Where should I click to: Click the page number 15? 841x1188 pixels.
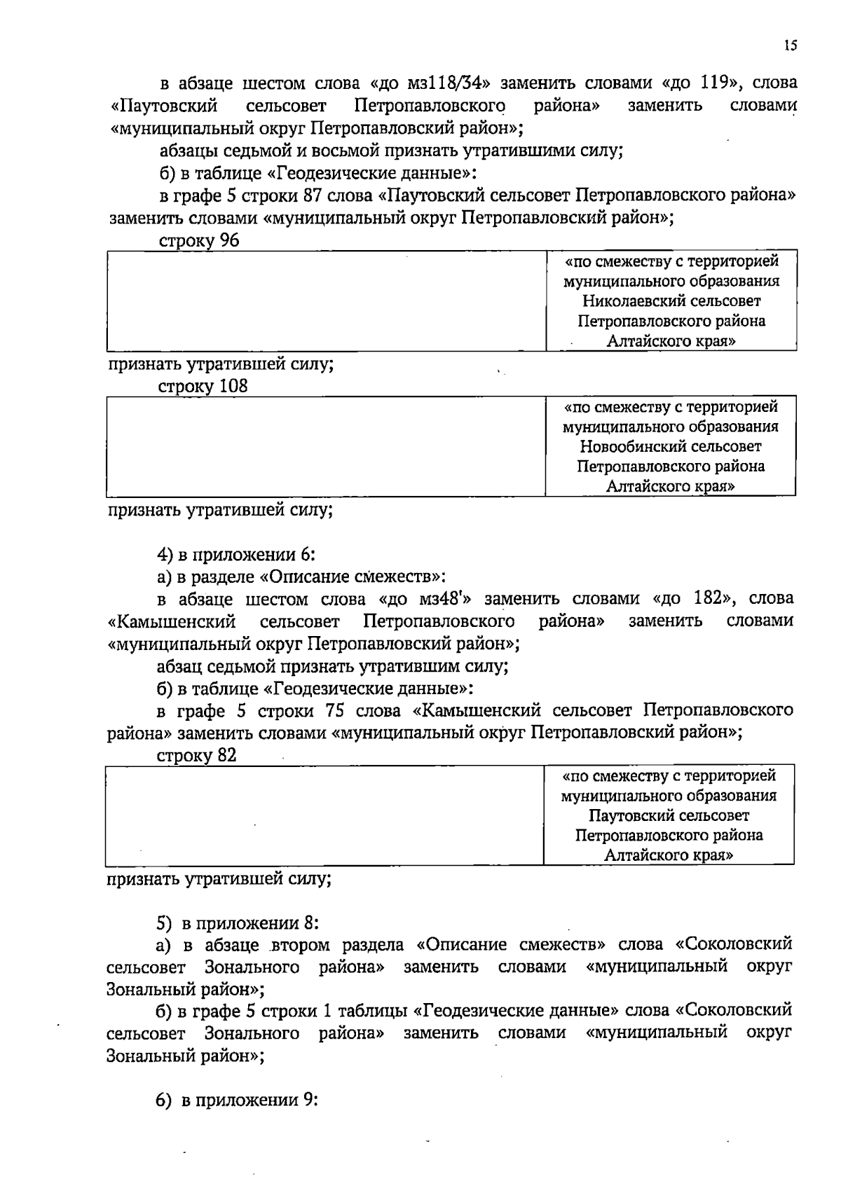[x=790, y=46]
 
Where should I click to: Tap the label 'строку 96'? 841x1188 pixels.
[x=199, y=241]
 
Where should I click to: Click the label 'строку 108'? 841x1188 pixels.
[x=203, y=387]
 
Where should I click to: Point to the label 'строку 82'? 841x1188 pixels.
[x=198, y=756]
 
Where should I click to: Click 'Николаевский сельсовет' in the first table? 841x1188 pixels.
[x=671, y=301]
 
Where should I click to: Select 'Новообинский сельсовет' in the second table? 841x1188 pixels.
[x=670, y=446]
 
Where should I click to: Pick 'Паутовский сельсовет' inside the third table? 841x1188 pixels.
[x=669, y=815]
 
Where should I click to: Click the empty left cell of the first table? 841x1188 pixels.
[x=326, y=301]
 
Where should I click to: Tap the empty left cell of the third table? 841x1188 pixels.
[x=324, y=815]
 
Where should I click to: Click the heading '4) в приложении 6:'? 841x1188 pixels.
[x=236, y=555]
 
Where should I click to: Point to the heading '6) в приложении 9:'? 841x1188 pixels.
[x=238, y=1100]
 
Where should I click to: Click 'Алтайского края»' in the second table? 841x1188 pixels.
[x=670, y=485]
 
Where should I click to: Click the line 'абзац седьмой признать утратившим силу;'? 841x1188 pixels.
[x=332, y=666]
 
